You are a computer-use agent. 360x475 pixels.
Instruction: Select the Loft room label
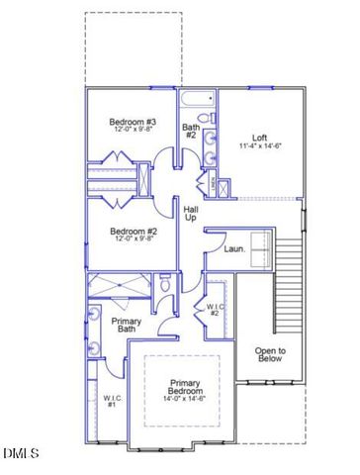tap(259, 138)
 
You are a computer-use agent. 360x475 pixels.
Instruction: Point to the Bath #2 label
tap(191, 132)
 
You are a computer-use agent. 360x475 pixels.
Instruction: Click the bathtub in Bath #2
tap(197, 99)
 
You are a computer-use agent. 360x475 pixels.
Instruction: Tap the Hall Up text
tap(190, 212)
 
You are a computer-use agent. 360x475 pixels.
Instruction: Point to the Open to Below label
tap(269, 354)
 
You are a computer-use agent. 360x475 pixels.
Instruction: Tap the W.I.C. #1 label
tap(111, 401)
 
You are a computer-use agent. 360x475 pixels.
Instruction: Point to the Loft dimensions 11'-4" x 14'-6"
tap(259, 146)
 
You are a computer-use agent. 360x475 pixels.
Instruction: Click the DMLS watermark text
tap(20, 454)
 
